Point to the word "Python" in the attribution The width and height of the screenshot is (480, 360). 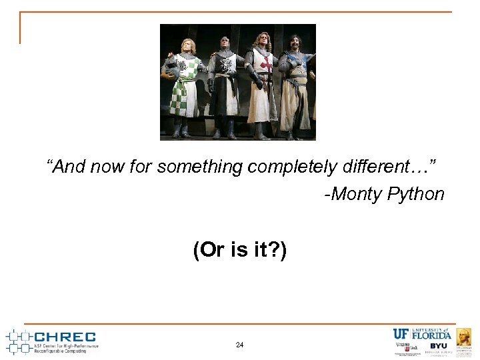pos(413,194)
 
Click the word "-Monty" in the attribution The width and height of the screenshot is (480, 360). pos(351,194)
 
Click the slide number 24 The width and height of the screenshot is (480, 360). pos(239,345)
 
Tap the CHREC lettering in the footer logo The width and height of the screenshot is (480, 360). pos(65,337)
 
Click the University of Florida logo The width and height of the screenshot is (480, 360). pos(421,334)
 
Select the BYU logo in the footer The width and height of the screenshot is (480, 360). pos(438,346)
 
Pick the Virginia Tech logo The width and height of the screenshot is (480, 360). pos(404,347)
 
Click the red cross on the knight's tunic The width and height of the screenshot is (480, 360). pos(266,64)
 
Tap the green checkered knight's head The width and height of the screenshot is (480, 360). pos(187,45)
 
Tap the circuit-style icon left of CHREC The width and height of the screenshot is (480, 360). pos(18,340)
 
